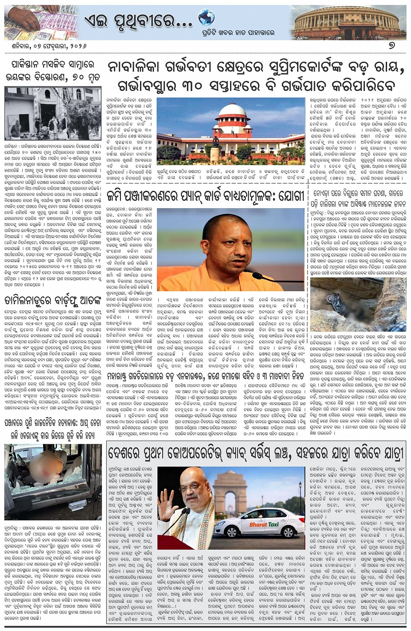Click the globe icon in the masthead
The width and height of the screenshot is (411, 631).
pyautogui.click(x=206, y=18)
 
